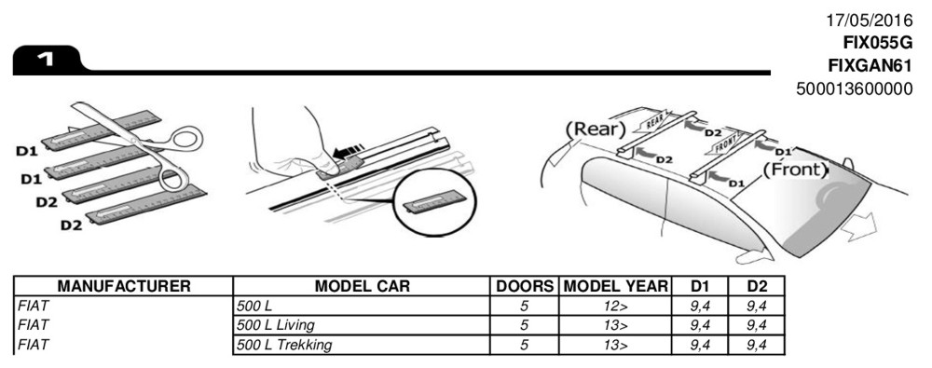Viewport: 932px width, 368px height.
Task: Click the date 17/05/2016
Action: (869, 20)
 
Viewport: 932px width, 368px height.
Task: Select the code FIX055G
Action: (877, 44)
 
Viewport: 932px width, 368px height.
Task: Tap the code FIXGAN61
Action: (870, 65)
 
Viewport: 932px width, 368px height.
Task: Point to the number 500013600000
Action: (854, 89)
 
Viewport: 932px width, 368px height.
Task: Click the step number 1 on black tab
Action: (45, 59)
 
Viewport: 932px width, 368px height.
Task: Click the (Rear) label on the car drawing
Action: (596, 129)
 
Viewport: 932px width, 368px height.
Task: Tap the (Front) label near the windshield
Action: (795, 170)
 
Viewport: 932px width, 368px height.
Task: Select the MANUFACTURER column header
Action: (124, 286)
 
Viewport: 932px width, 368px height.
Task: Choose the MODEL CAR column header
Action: (362, 286)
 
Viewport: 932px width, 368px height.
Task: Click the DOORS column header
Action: (524, 286)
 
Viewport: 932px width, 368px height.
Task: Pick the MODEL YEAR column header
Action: (615, 286)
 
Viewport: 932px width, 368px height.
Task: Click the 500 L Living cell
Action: (276, 325)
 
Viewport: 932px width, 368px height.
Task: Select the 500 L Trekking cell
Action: (284, 345)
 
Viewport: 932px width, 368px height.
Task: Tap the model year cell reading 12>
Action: (615, 307)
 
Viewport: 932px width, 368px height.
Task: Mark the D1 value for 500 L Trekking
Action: (700, 345)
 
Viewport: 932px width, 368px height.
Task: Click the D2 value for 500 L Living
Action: (757, 325)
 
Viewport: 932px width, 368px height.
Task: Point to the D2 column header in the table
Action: (757, 286)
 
